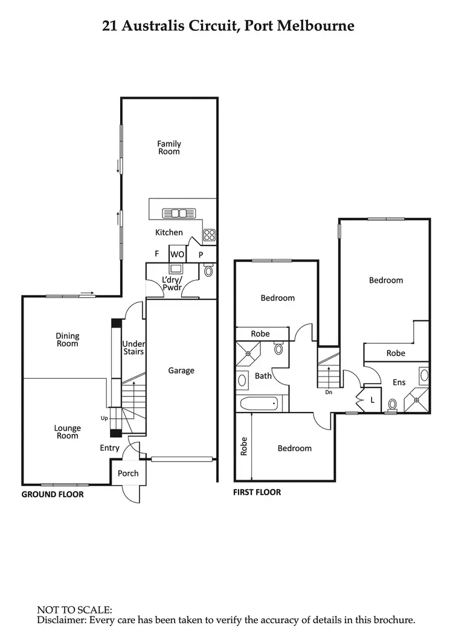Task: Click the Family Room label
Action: coord(169,148)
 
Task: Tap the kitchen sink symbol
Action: coord(178,213)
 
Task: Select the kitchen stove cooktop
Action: coord(210,235)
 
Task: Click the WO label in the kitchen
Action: coord(177,255)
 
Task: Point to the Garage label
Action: coord(181,370)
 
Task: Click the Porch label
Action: coord(128,474)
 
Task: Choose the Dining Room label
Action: coord(68,340)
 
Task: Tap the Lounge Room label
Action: coord(68,432)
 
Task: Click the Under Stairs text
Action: coord(133,347)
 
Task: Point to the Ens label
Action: coord(399,382)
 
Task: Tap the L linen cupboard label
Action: coord(372,400)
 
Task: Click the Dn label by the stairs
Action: coord(329,392)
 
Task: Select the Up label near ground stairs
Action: coord(104,417)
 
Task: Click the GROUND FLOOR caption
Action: coord(53,495)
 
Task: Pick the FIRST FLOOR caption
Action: coord(257,492)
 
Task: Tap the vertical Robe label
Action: coord(244,447)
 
